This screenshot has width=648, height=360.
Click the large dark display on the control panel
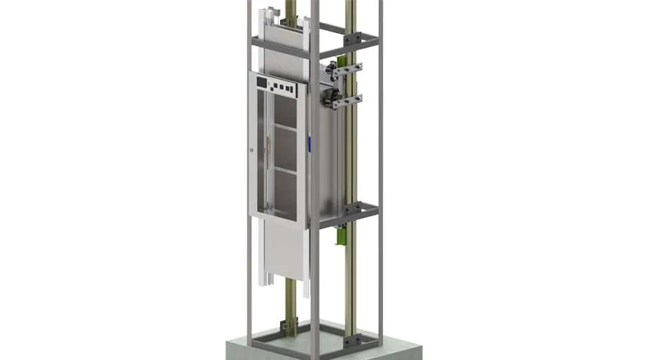point(262,83)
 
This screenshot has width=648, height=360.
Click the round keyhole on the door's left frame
point(252,150)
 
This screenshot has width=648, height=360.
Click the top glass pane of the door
point(285,112)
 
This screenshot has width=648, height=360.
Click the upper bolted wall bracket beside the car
point(347,69)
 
